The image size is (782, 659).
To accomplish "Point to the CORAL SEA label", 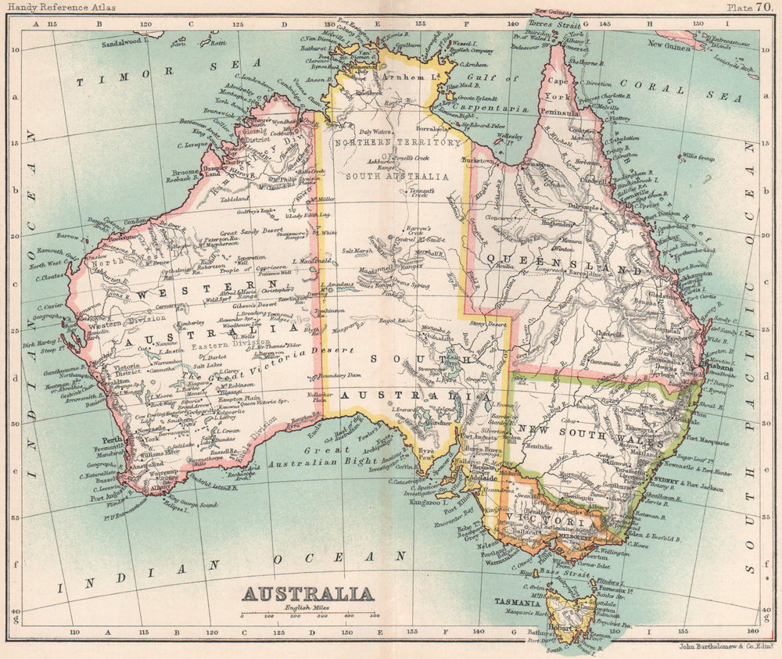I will tap(680, 91).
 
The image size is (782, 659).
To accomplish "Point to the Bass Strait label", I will tap(565, 573).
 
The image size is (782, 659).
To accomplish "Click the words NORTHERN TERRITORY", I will tap(396, 143).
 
